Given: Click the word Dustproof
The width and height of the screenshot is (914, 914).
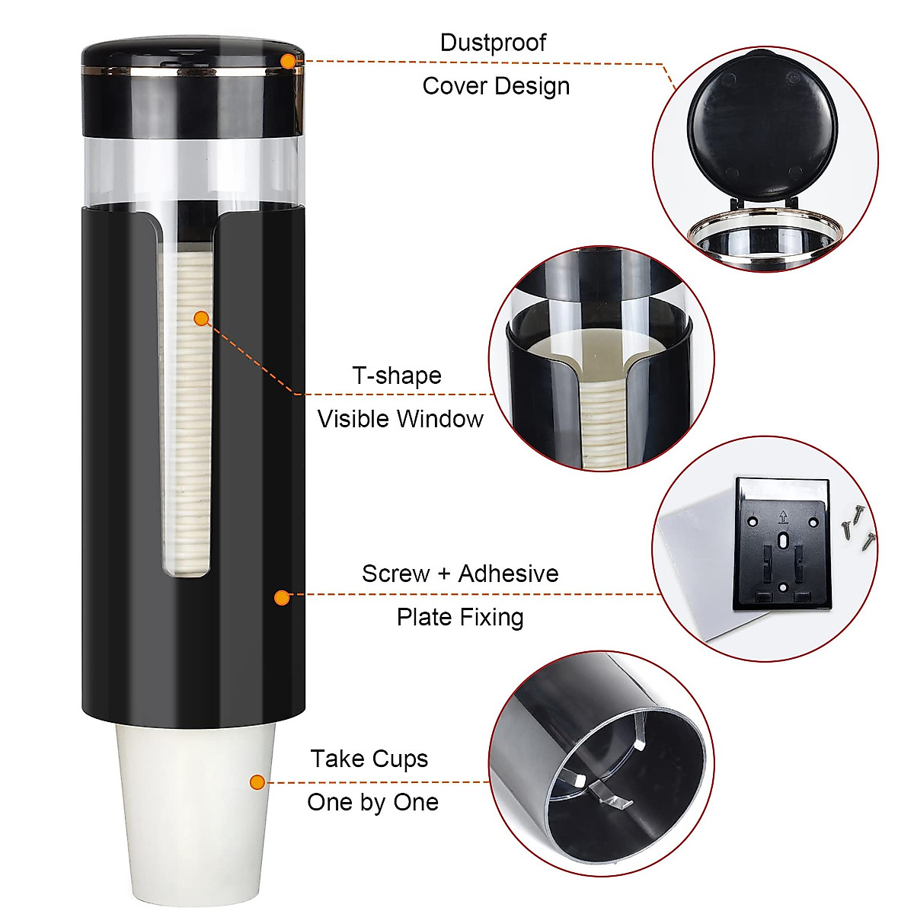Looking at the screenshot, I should tap(493, 43).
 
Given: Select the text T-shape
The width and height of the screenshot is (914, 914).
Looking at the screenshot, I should tap(397, 376).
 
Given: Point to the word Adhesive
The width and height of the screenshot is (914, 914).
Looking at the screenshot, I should tap(508, 574).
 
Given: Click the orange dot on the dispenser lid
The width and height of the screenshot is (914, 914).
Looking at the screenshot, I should tap(287, 60).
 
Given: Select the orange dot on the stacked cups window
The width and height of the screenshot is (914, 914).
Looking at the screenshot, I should tap(201, 318).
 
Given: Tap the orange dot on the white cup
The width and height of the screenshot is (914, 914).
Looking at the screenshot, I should tap(257, 781).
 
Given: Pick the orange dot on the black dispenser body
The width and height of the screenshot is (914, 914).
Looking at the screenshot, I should tap(282, 597).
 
